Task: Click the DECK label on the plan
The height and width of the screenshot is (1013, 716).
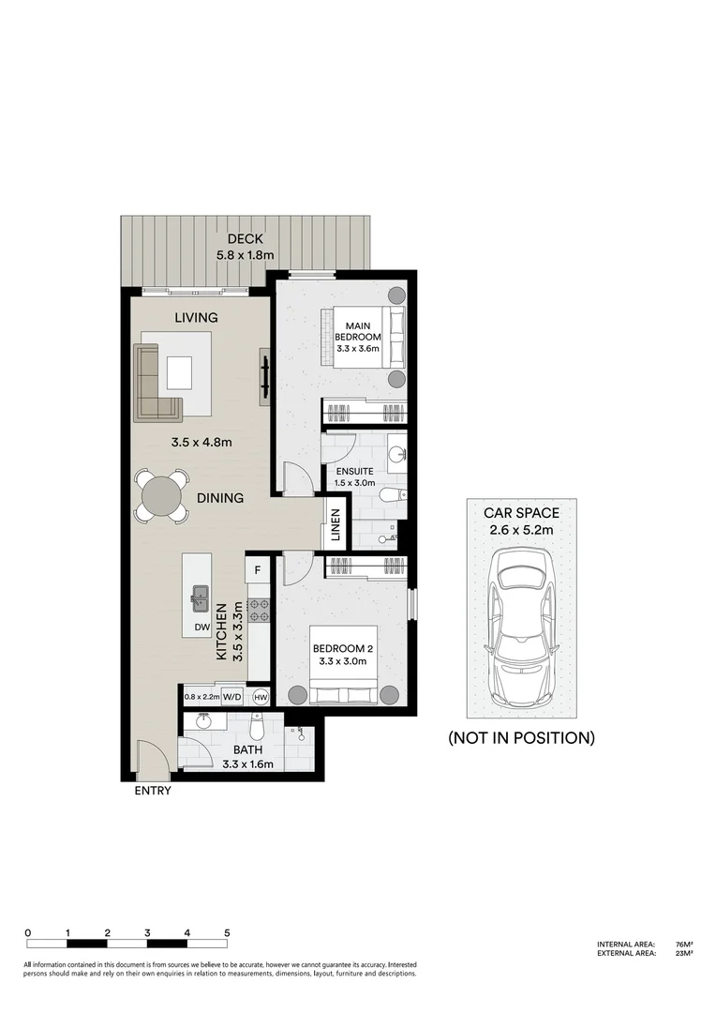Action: click(245, 239)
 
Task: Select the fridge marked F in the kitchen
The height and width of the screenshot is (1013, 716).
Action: click(258, 569)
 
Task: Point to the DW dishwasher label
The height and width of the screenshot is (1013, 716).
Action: click(201, 627)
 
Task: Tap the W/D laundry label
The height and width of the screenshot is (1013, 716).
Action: click(231, 697)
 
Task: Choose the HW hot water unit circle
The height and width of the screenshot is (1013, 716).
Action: click(261, 697)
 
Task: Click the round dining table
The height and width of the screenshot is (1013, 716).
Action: click(163, 494)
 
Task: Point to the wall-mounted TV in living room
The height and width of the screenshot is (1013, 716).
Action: click(265, 375)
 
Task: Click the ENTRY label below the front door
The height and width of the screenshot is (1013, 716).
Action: click(153, 791)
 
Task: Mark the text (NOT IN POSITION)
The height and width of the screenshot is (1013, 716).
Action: click(521, 738)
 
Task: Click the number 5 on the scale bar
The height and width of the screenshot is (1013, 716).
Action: click(228, 933)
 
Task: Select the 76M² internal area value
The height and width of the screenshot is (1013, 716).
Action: click(682, 945)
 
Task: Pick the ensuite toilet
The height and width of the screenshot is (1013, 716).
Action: click(394, 494)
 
